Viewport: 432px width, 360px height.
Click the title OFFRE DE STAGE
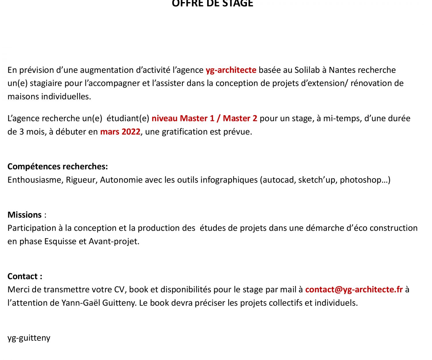[x=212, y=3]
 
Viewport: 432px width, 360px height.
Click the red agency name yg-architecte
[x=231, y=70]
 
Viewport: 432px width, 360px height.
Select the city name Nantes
[x=342, y=70]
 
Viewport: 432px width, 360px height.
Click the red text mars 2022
[x=120, y=132]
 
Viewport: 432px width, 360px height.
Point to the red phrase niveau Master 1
[x=183, y=118]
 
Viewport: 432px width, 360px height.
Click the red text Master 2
[x=240, y=118]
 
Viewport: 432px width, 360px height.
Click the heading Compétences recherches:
[x=58, y=166]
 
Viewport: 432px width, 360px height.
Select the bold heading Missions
[x=24, y=215]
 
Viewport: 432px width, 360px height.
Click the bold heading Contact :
[x=25, y=276]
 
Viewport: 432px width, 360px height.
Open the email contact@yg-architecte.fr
[x=354, y=289]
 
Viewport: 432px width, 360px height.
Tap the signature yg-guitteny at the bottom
[x=29, y=338]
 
